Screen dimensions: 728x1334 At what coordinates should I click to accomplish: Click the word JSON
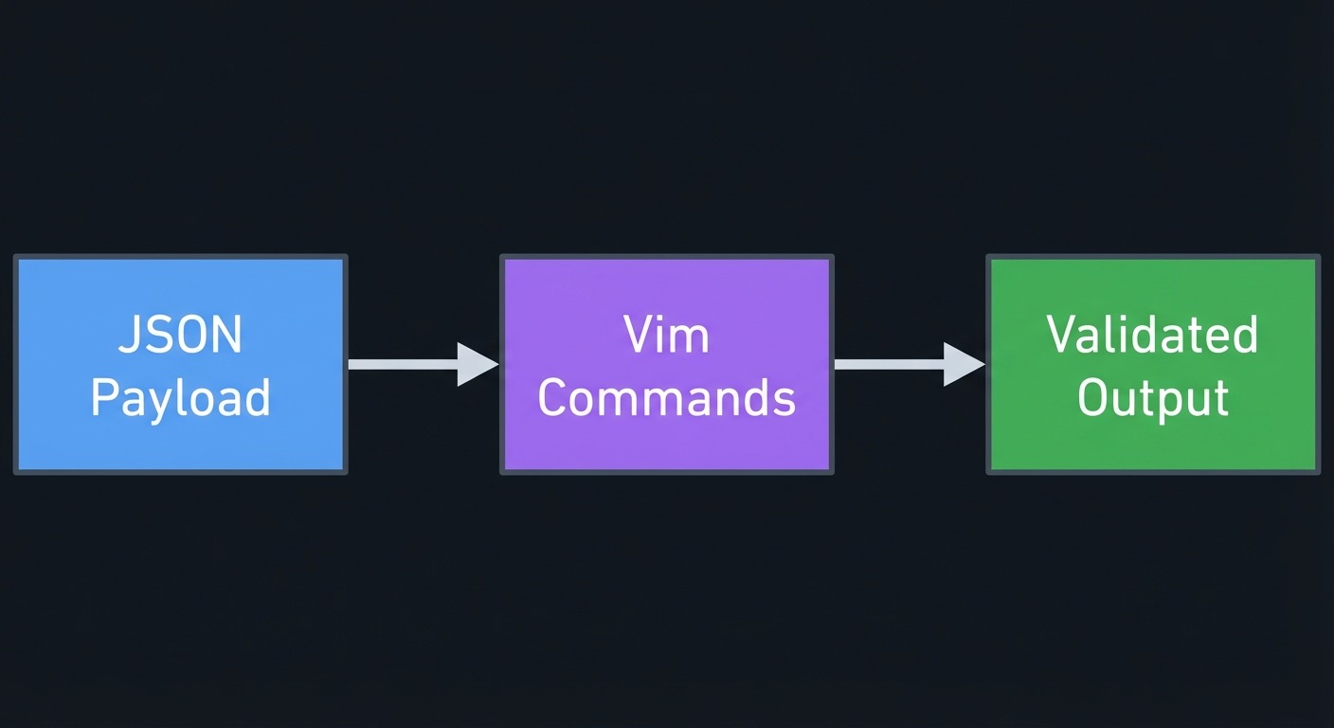click(x=180, y=336)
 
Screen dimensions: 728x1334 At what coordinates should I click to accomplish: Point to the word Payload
click(x=180, y=398)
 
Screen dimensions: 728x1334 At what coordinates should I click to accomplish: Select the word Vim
click(x=666, y=336)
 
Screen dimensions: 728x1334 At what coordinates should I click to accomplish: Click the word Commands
click(x=666, y=398)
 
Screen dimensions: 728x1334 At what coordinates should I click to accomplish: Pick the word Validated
click(x=1152, y=336)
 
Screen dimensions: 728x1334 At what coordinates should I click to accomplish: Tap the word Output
click(x=1152, y=398)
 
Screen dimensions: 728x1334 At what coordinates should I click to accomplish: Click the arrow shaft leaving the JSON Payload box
click(x=403, y=364)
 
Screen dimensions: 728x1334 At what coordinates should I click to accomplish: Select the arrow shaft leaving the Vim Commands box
click(x=889, y=364)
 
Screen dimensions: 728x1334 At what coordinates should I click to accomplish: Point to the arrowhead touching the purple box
click(x=477, y=364)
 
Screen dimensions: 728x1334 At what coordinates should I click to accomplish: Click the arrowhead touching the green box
click(x=963, y=364)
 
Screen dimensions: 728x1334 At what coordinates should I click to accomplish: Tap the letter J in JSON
click(x=129, y=336)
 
